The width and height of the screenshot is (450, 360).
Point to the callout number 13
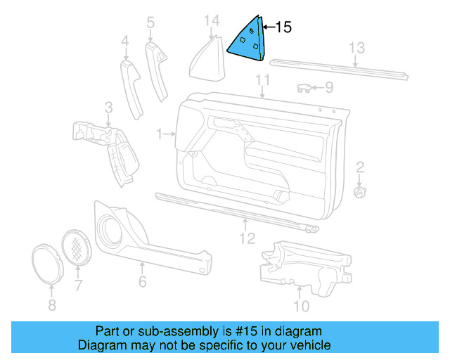358,48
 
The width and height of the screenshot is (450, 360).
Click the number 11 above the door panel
263,79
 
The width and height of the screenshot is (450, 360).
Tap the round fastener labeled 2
359,191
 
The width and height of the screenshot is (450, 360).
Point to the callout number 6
143,282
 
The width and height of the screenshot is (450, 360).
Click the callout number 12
246,238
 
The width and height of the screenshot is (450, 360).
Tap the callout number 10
301,306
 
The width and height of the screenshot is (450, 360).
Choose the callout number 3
108,107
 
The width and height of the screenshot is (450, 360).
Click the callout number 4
125,43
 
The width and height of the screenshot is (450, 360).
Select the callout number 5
150,24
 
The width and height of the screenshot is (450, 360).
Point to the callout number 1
160,133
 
